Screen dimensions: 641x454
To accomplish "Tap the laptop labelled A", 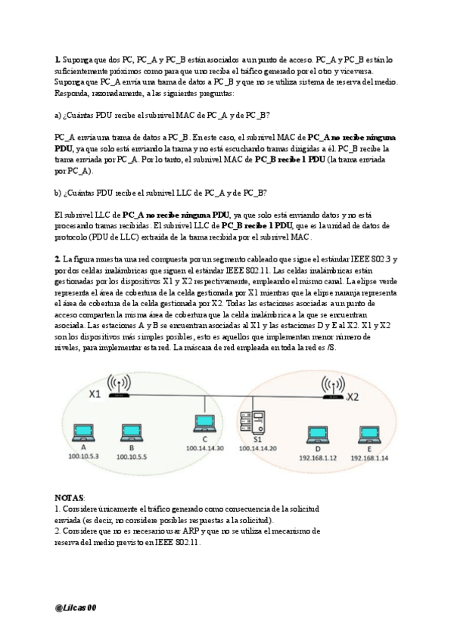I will [79, 432].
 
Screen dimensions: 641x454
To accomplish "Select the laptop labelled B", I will [126, 432].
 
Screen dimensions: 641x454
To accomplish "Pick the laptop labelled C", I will [203, 422].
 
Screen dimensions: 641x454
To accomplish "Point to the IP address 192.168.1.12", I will [316, 457].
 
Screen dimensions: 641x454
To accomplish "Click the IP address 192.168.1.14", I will [369, 457].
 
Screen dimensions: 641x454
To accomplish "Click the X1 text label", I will [95, 394].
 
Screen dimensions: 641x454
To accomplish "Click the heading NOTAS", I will [70, 499].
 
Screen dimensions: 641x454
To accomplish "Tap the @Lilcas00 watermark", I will [76, 607].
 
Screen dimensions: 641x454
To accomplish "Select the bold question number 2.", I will [58, 259].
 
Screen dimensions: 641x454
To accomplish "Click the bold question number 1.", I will [58, 59].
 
